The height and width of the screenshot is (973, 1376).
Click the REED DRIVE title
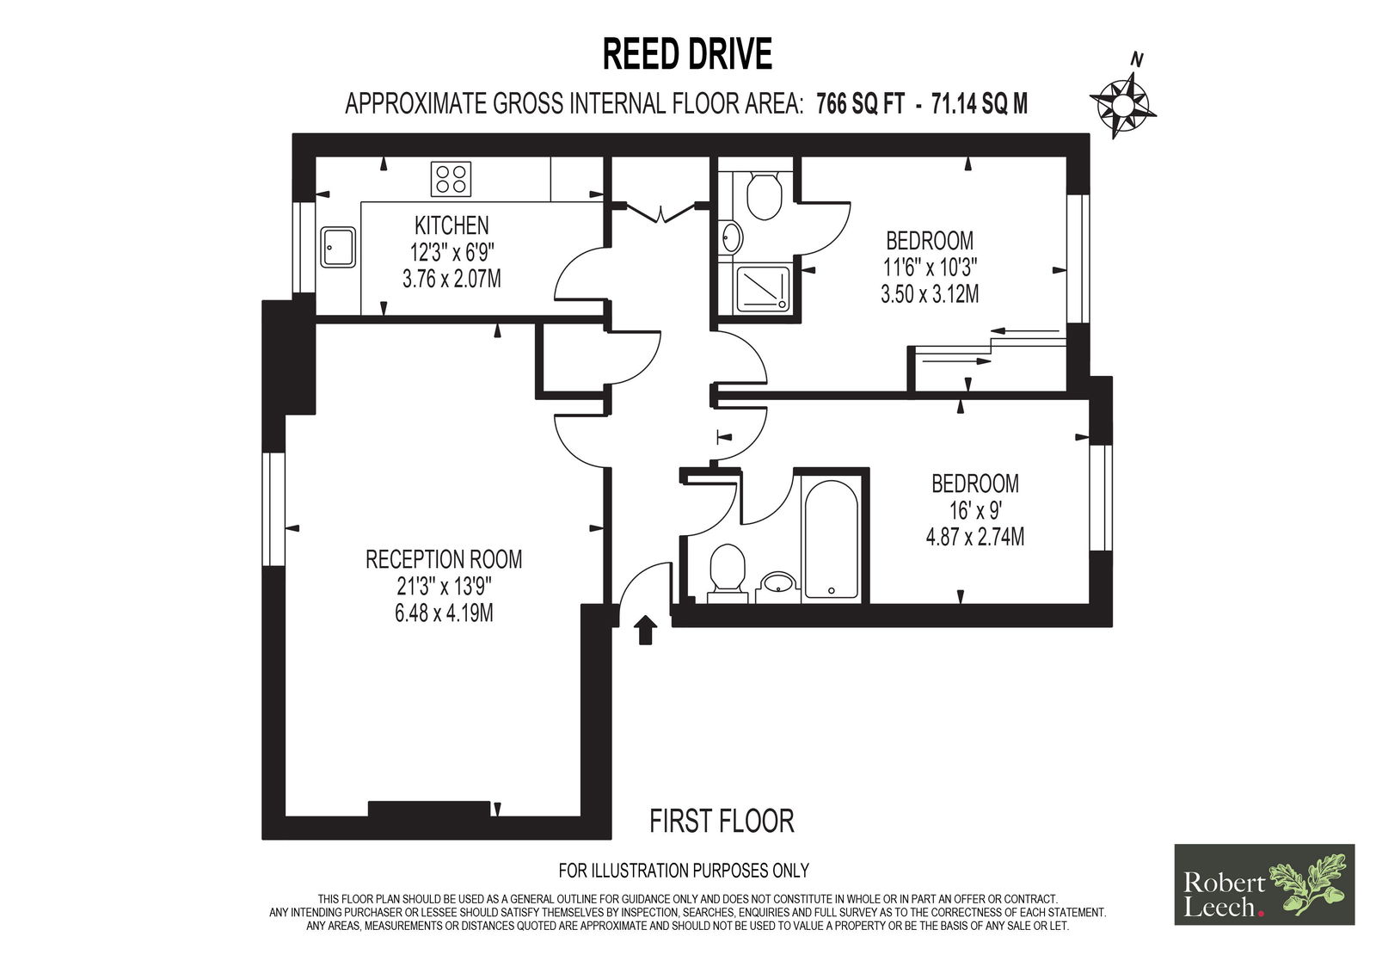point(687,54)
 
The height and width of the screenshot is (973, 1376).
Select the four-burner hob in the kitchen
point(451,179)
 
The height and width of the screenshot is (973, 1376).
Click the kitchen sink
point(338,247)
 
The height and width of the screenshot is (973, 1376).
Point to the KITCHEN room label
point(451,225)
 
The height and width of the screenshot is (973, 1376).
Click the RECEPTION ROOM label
point(444,559)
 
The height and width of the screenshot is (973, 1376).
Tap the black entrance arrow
point(645,631)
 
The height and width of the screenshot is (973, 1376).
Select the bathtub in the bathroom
point(831,539)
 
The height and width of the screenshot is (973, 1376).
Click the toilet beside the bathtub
point(728,574)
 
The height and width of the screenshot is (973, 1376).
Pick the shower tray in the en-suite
point(762,288)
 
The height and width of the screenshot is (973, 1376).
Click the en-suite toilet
point(764,197)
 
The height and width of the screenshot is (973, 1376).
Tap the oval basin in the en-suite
point(731,237)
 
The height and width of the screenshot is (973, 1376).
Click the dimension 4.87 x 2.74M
point(975,537)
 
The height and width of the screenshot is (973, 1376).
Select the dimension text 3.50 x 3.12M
point(930,294)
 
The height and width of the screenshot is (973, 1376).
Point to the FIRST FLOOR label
point(722,822)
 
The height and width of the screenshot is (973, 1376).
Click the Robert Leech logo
point(1264,884)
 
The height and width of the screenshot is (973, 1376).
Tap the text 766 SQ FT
point(860,104)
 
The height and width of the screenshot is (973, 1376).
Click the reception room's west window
point(274,509)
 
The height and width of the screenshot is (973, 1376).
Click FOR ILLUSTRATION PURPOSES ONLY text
point(683,871)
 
